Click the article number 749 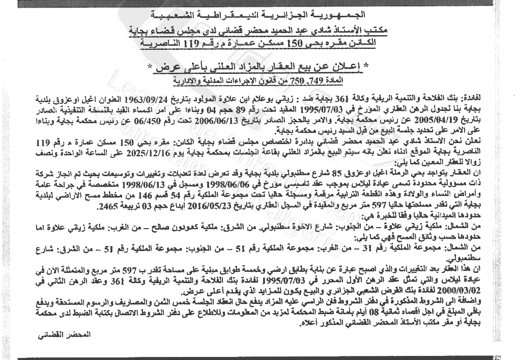[312, 81]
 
